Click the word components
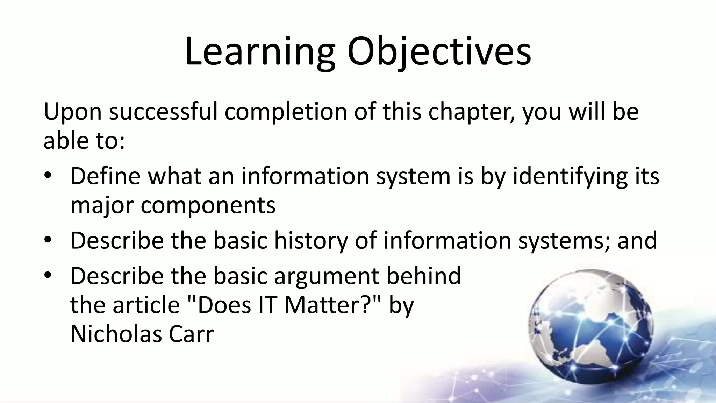click(x=208, y=206)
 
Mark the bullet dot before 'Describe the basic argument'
click(x=48, y=275)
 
